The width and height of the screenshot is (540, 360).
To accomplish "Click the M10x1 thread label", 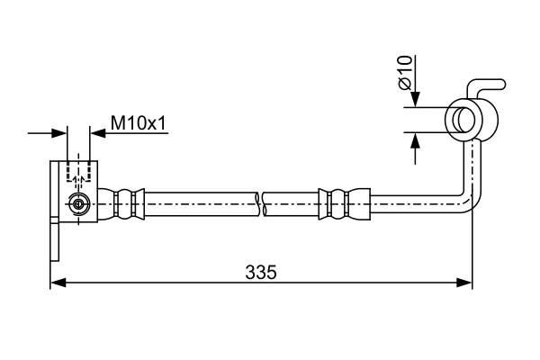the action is tap(139, 123).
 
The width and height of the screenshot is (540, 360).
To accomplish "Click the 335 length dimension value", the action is tap(261, 272).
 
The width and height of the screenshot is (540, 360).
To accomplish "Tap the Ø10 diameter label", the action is tap(405, 73).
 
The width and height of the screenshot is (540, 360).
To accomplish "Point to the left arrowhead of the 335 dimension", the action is tap(58, 283).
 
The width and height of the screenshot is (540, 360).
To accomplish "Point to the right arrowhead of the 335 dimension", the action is tap(464, 283).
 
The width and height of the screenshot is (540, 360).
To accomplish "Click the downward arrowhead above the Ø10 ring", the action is tap(416, 100).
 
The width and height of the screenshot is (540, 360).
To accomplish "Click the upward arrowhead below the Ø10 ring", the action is tap(416, 140).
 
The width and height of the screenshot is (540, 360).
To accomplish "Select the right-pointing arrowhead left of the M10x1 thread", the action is tap(58, 133).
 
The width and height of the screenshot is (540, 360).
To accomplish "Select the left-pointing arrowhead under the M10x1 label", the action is tap(97, 133).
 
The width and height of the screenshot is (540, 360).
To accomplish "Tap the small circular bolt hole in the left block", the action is tap(78, 204).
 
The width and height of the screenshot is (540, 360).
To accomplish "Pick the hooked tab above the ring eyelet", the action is tap(486, 87).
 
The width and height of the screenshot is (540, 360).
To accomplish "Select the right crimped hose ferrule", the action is tap(345, 204).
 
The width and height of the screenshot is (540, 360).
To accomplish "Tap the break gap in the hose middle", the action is tap(260, 204).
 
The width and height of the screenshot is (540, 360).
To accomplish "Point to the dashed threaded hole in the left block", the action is tap(78, 171).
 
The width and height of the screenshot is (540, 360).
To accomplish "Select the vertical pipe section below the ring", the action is tap(472, 166).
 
